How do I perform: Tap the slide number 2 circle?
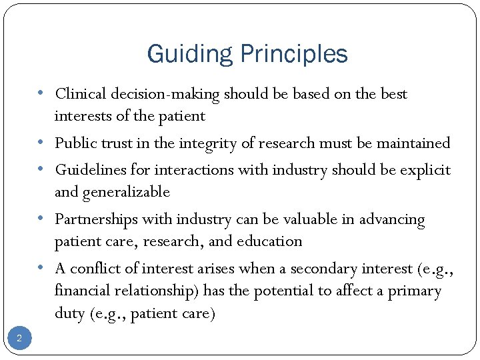click(x=19, y=339)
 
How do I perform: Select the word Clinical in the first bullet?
click(x=79, y=94)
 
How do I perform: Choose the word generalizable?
click(x=126, y=193)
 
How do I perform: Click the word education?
click(x=273, y=241)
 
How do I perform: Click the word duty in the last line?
click(x=70, y=314)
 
